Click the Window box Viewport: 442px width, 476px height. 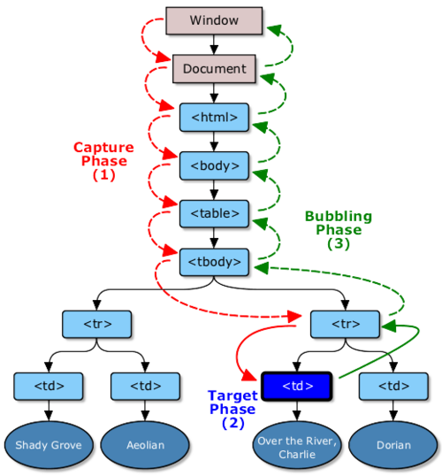tap(214, 20)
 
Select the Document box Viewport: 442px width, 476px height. tap(214, 68)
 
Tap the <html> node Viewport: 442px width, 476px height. tap(214, 117)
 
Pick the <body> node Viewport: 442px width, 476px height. tap(214, 165)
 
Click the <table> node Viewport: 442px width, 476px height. tap(214, 213)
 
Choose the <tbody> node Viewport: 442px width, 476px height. tap(214, 261)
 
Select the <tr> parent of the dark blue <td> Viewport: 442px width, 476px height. tap(346, 323)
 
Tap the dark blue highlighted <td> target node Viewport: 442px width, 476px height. tap(295, 386)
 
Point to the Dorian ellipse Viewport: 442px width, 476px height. tap(391, 445)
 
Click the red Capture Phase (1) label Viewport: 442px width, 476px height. tap(103, 161)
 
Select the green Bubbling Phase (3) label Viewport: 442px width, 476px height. tap(338, 229)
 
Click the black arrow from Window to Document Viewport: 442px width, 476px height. tap(214, 45)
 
